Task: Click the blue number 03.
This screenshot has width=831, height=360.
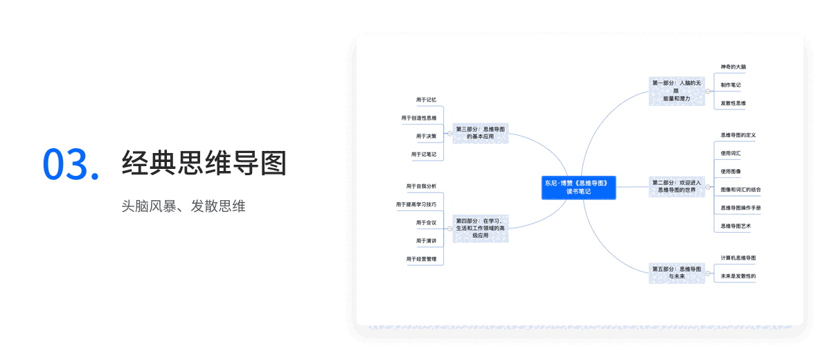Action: coord(71,163)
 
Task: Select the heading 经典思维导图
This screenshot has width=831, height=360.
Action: coord(204,163)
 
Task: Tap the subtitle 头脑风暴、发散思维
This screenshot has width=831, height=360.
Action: coord(183,206)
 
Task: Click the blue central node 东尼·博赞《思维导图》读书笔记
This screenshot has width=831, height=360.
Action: coord(578,188)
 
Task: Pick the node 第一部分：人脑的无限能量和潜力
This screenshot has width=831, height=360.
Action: coord(676,91)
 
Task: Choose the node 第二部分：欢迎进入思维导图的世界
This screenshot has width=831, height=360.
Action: coord(676,186)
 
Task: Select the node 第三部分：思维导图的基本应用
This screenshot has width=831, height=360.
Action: coord(480,133)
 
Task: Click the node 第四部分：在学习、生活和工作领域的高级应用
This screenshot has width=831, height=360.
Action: coord(480,228)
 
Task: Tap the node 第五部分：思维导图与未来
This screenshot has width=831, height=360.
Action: coord(676,272)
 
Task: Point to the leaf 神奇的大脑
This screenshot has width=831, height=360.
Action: coord(733,67)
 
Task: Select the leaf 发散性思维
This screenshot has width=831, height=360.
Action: coord(733,103)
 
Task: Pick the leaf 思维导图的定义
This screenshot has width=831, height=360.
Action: coord(738,135)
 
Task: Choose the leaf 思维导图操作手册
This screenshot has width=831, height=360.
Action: coord(740,208)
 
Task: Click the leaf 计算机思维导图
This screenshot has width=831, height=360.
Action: coord(738,258)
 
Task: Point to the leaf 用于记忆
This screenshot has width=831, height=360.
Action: coord(426,100)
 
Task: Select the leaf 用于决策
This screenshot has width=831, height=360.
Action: coord(426,136)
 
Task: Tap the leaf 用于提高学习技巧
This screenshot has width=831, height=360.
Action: coord(416,204)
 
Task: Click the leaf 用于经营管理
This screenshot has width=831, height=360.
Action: coord(421,259)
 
